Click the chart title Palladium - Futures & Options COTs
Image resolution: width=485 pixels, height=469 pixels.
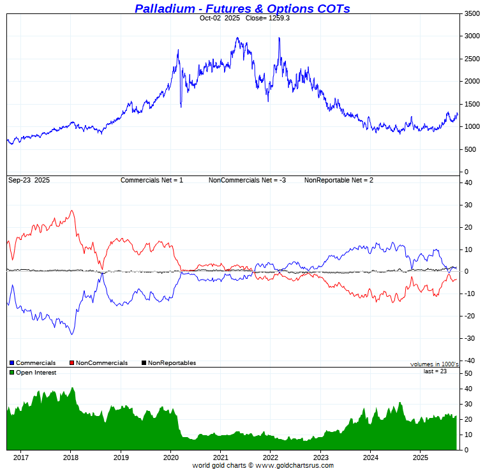click(x=242, y=8)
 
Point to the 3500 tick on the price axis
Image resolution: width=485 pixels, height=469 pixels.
click(x=472, y=13)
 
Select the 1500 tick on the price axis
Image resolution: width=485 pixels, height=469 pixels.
click(x=472, y=104)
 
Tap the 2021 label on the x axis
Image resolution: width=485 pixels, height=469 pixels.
click(x=221, y=458)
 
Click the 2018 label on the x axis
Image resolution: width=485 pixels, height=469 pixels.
click(x=71, y=458)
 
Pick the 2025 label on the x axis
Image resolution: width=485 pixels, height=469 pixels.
click(x=420, y=458)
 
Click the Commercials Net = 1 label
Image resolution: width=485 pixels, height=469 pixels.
click(x=152, y=181)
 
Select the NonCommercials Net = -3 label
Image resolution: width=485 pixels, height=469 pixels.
click(x=247, y=181)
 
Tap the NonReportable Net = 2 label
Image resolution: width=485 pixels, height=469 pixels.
click(x=338, y=181)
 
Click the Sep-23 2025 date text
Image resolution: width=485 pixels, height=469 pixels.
click(x=29, y=181)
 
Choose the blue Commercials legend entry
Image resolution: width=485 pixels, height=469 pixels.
click(x=33, y=363)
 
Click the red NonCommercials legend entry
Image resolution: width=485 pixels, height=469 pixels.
click(x=98, y=363)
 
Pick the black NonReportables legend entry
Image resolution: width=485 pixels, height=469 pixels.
click(x=168, y=363)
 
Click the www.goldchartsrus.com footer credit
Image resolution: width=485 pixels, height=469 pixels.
click(x=294, y=465)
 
